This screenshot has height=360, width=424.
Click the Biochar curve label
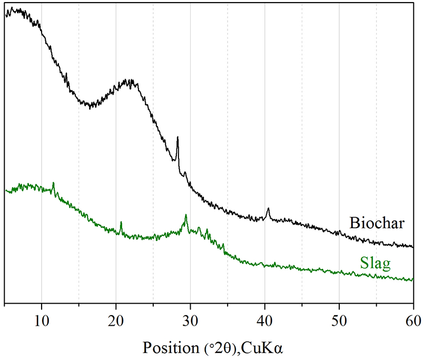coord(377,223)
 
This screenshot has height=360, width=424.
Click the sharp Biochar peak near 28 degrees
coord(178,138)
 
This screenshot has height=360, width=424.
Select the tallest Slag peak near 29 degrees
coord(186,216)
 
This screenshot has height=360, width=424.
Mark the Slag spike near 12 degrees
coord(53,183)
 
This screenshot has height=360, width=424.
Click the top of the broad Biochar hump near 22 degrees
coord(128,81)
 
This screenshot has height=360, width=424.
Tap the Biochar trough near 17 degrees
coord(91,105)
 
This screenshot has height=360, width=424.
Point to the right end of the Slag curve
coord(412,280)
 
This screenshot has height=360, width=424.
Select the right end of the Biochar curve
coord(412,246)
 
